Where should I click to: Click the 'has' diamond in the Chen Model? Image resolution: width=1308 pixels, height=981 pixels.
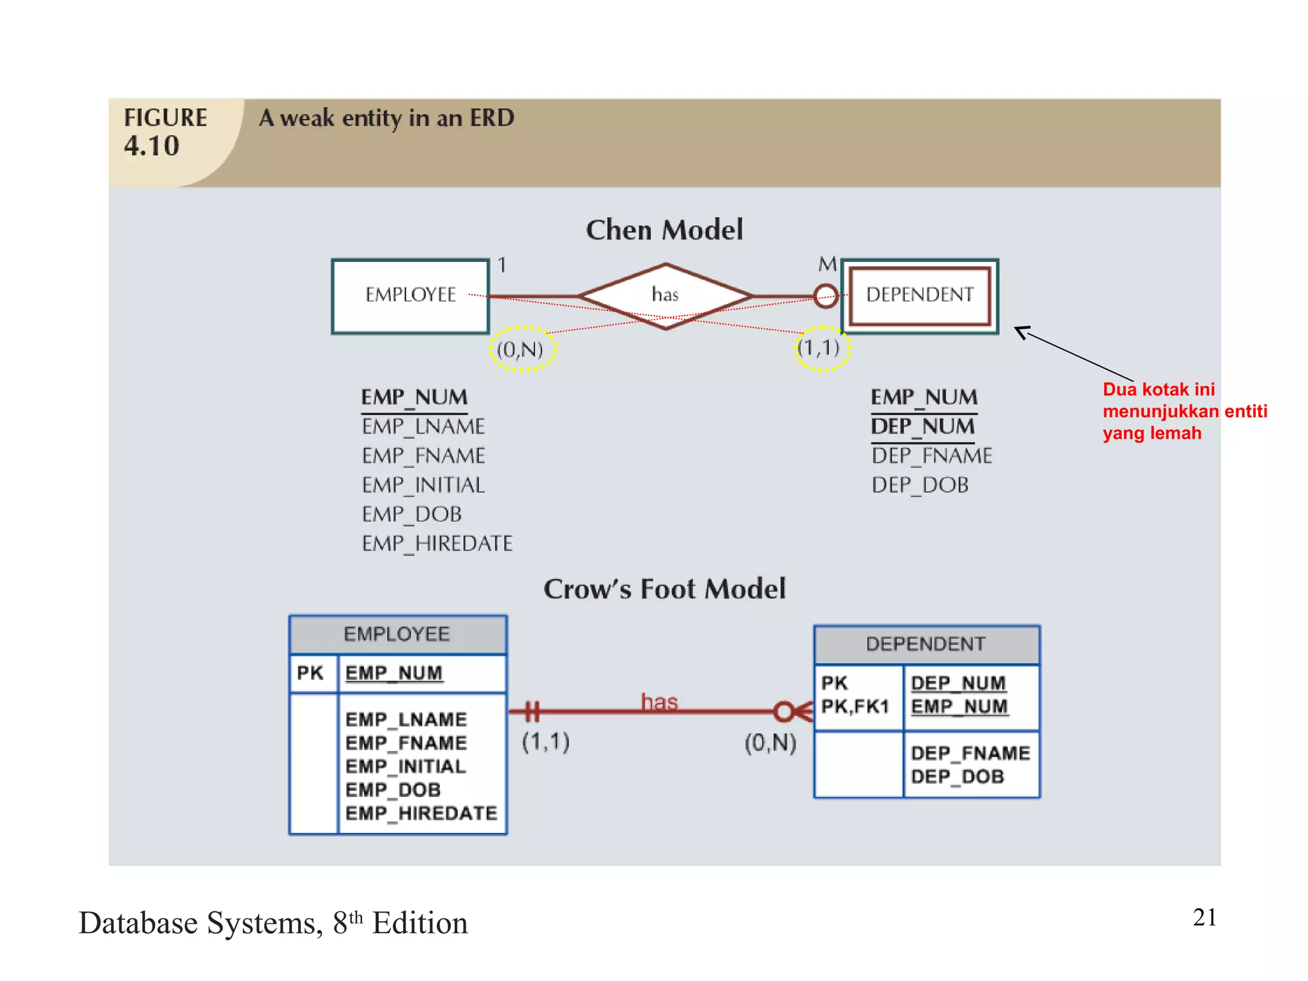click(665, 295)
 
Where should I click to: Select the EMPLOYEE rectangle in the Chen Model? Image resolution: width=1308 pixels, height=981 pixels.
click(411, 295)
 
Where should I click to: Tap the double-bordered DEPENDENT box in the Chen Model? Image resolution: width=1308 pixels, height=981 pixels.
click(920, 295)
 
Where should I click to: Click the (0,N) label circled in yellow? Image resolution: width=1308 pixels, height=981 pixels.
click(521, 349)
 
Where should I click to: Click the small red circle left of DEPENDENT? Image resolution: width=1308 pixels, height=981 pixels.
click(826, 296)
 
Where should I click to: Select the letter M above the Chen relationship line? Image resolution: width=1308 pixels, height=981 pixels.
click(827, 264)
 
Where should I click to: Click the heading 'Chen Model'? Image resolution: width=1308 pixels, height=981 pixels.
click(664, 230)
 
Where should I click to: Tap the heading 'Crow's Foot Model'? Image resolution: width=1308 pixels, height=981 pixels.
click(664, 589)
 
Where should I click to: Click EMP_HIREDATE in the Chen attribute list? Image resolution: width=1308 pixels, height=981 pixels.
click(437, 544)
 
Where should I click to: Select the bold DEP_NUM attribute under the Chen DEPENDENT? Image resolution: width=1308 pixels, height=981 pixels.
click(923, 427)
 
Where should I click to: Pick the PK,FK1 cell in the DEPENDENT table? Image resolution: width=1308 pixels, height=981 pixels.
click(855, 706)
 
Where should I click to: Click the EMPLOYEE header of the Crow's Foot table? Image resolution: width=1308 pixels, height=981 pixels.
click(397, 634)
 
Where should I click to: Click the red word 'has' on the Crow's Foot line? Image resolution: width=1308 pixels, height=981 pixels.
click(659, 702)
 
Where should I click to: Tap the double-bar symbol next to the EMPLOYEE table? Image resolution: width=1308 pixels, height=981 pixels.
click(533, 711)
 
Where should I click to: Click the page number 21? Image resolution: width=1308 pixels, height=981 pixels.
click(1204, 917)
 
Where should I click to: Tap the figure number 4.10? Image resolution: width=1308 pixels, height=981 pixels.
click(152, 146)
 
